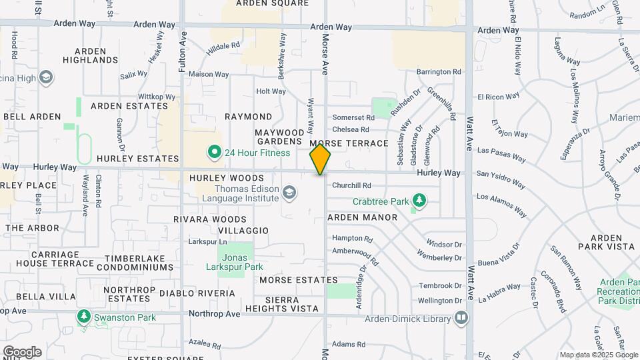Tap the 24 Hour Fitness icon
pyautogui.click(x=215, y=153)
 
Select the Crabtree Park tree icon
pyautogui.click(x=419, y=200)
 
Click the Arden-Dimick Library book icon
pyautogui.click(x=461, y=318)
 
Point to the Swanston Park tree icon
pyautogui.click(x=83, y=317)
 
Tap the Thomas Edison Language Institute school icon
pyautogui.click(x=289, y=194)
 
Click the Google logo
pyautogui.click(x=21, y=351)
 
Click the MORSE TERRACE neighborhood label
pyautogui.click(x=349, y=143)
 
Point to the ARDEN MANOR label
pyautogui.click(x=362, y=217)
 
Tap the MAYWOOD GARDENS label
pyautogui.click(x=279, y=137)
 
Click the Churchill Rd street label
pyautogui.click(x=351, y=185)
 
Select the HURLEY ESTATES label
pyautogui.click(x=138, y=159)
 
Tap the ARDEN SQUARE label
pyautogui.click(x=273, y=3)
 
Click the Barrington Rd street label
pyautogui.click(x=439, y=71)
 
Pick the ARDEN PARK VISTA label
pyautogui.click(x=606, y=242)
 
